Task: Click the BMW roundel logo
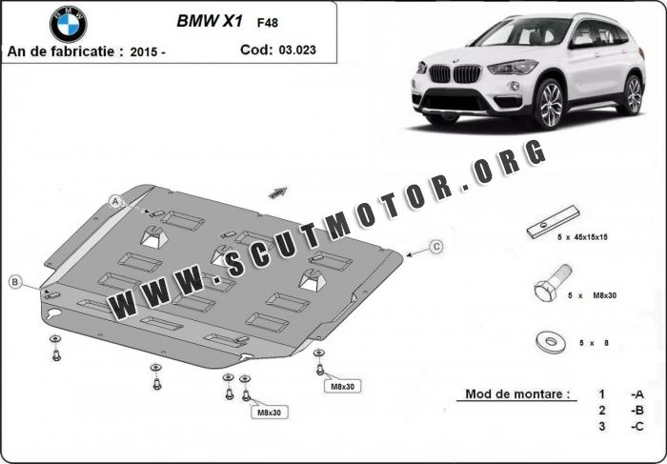68,24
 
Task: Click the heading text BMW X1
209,19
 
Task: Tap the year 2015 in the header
146,51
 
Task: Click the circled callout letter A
115,201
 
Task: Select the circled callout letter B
16,281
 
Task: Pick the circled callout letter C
435,247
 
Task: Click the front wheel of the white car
549,104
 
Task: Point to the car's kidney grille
453,73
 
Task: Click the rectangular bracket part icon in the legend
553,220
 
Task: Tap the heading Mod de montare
517,393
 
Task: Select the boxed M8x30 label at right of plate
342,385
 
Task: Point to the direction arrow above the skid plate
277,192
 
